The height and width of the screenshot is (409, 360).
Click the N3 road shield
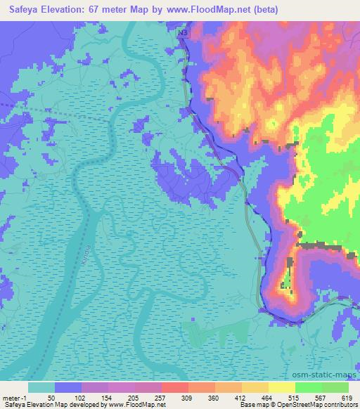click(x=183, y=33)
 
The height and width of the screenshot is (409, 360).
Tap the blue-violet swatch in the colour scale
click(x=68, y=387)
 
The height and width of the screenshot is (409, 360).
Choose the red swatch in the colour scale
click(x=175, y=387)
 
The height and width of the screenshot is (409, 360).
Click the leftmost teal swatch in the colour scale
click(x=41, y=387)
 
